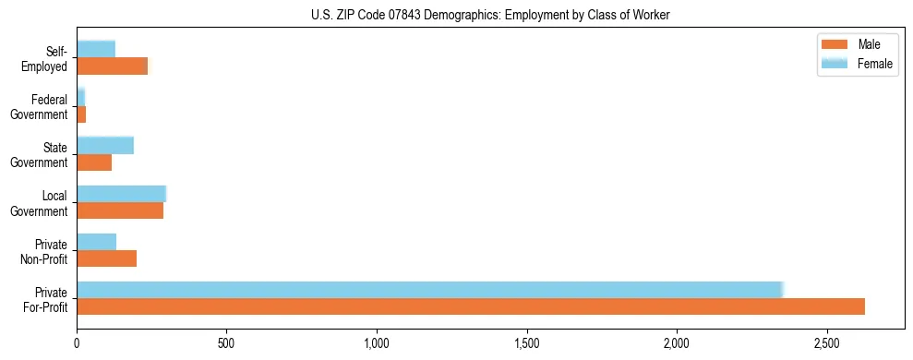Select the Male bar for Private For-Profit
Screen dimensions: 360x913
point(471,306)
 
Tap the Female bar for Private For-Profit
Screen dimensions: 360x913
point(430,289)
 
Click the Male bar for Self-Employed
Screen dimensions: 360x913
point(112,66)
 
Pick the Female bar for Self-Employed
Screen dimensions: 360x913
point(96,49)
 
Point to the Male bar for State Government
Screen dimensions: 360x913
point(94,162)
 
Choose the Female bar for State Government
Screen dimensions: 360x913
point(105,145)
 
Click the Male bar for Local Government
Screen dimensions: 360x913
point(120,210)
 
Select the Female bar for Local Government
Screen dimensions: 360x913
point(121,193)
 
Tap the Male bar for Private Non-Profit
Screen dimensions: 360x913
point(106,258)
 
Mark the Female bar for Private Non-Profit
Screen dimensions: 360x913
point(96,241)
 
